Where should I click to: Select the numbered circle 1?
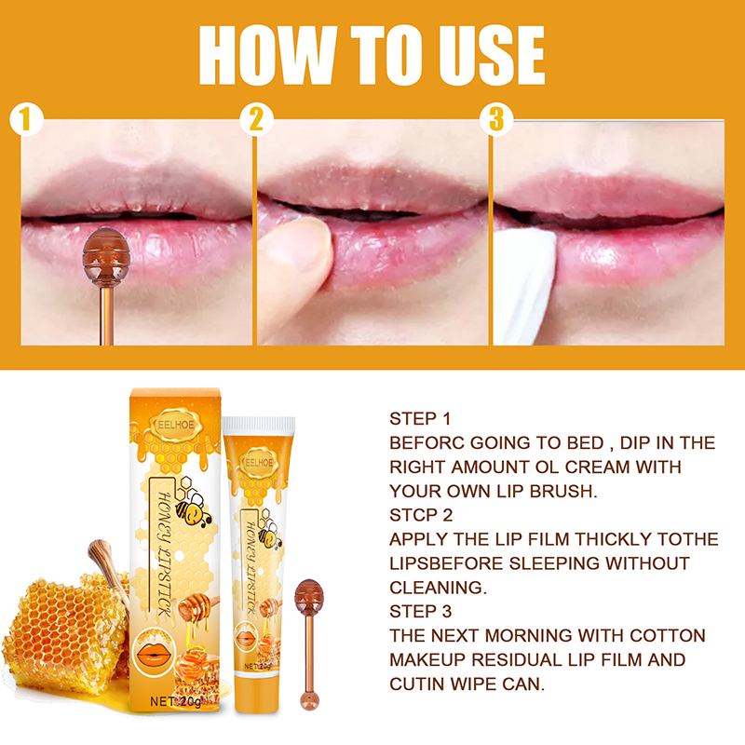click(x=27, y=119)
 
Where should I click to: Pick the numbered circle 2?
click(x=257, y=119)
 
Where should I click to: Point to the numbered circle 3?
click(x=496, y=119)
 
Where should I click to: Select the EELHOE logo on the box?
click(x=176, y=425)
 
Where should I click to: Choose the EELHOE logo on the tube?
click(x=259, y=462)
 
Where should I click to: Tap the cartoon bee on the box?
click(x=193, y=508)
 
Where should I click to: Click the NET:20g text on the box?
click(x=176, y=701)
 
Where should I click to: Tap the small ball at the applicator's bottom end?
click(x=309, y=701)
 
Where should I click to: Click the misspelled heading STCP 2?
click(x=421, y=515)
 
